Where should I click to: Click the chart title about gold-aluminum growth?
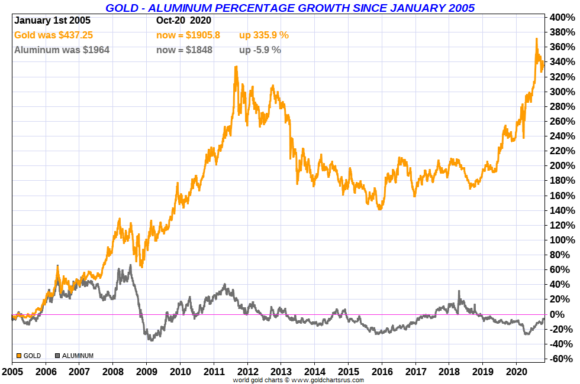[x=289, y=8]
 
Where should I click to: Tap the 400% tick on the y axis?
[x=562, y=17]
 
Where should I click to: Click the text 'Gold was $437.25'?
[x=53, y=35]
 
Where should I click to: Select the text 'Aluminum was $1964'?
[x=62, y=50]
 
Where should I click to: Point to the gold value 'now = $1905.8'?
[x=188, y=35]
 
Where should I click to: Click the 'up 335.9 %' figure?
[x=264, y=35]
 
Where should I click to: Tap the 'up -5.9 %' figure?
[x=260, y=50]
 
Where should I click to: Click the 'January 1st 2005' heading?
[x=52, y=20]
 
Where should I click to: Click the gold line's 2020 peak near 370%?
[x=536, y=40]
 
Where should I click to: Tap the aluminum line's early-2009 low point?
[x=152, y=340]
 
